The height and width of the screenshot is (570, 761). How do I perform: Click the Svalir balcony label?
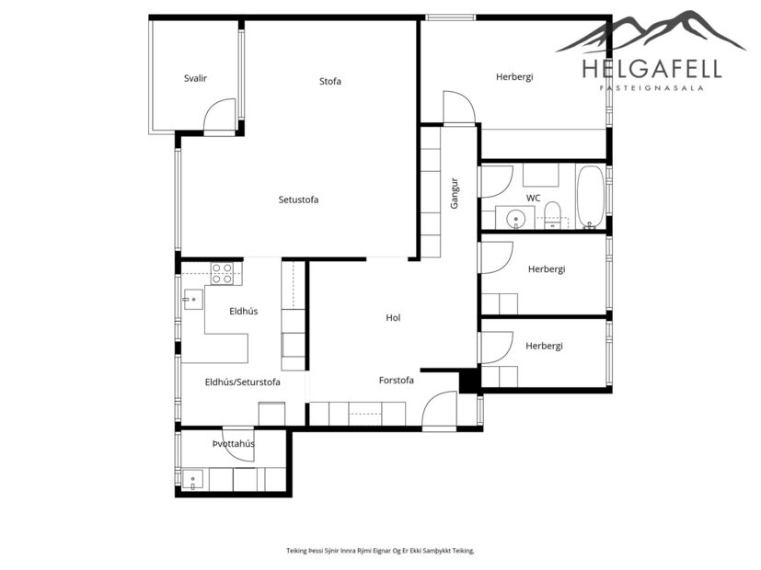coord(195,78)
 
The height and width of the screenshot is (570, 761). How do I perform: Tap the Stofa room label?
coord(330,81)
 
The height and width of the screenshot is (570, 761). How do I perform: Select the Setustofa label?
coord(298,199)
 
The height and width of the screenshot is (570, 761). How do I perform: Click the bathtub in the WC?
coord(590,196)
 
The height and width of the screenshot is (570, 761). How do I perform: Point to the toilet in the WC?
coord(553,214)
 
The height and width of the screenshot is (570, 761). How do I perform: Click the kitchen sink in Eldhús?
coord(192,297)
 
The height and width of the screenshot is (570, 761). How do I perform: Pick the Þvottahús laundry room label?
coord(233,444)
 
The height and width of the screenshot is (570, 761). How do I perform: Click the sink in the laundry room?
coord(193,478)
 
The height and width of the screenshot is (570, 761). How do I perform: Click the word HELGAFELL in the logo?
coord(651,68)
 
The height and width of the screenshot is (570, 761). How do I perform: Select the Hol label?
coord(393,317)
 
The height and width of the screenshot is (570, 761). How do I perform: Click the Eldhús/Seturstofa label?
coord(242,382)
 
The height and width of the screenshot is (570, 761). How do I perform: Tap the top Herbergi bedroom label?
coord(514,76)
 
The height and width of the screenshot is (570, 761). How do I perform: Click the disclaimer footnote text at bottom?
coord(380,550)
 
